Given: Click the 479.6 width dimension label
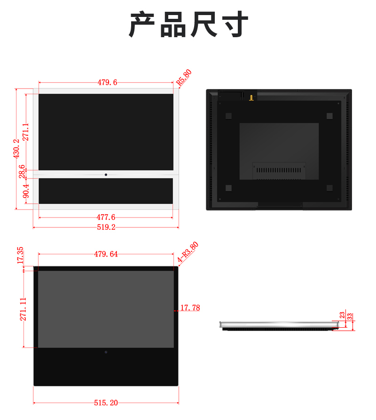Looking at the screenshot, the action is click(x=107, y=82).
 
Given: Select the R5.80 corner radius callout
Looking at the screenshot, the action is click(x=184, y=78).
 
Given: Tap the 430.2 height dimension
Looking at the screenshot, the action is click(x=16, y=149).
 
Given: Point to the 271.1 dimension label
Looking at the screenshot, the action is click(x=25, y=132).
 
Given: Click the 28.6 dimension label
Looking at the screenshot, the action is click(x=22, y=171).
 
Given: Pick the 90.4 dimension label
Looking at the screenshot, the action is click(x=26, y=191).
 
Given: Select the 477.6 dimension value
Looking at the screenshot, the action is click(x=106, y=217).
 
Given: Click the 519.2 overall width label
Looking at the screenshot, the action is click(x=106, y=227).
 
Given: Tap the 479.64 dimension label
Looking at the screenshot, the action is click(x=106, y=254).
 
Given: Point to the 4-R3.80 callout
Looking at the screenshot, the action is click(x=188, y=252).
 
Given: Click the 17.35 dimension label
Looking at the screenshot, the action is click(x=20, y=255).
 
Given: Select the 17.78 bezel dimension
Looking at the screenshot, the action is click(x=190, y=308).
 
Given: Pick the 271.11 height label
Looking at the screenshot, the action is click(x=23, y=309).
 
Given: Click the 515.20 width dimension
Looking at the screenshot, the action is click(x=106, y=403).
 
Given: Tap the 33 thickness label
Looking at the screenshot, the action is click(x=350, y=316).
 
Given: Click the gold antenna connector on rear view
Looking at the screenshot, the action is click(x=251, y=98).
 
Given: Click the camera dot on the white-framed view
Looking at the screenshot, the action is click(x=106, y=175).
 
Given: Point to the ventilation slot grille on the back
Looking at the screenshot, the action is click(x=279, y=170).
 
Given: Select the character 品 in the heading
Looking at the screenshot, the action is click(x=173, y=24).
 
